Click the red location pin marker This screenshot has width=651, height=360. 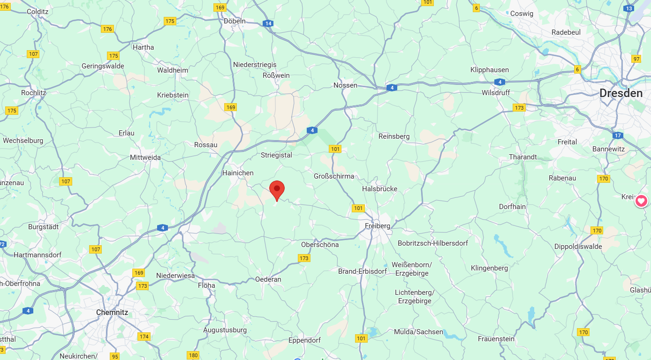(277, 189)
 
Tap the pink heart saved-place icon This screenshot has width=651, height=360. (641, 201)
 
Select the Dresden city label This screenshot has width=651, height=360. (621, 93)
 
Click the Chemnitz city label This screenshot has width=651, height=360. (112, 312)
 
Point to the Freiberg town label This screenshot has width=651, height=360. (378, 226)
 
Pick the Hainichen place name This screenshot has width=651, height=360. (238, 173)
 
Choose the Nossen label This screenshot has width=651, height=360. (345, 85)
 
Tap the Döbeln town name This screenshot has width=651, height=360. (235, 21)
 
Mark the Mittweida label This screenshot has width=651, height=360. (145, 157)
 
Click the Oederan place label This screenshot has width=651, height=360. (268, 279)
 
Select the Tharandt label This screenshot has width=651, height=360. (523, 157)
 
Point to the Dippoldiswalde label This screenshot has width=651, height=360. (578, 247)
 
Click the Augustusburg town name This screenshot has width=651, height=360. (225, 330)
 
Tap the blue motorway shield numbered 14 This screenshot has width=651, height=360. (268, 23)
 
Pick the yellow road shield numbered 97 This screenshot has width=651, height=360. (636, 59)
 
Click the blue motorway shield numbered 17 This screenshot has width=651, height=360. (617, 135)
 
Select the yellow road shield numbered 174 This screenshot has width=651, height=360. (144, 337)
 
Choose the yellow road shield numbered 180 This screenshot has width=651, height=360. (193, 355)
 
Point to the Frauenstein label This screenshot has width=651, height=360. (496, 339)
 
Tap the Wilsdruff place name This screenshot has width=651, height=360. (496, 93)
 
